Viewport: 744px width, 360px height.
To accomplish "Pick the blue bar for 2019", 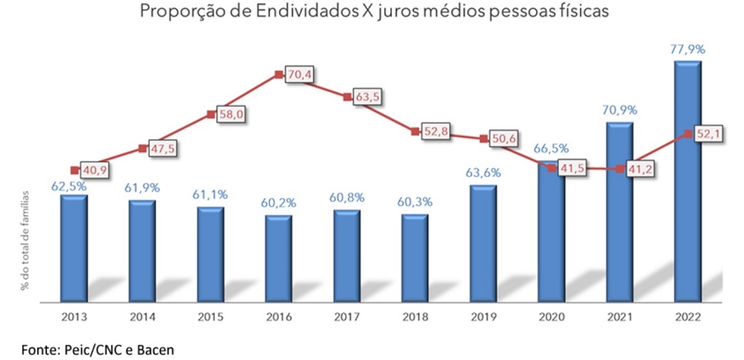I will click(x=484, y=243).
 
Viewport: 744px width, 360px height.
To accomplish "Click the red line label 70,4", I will click(x=298, y=75).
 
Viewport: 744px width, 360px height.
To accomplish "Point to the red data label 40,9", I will click(x=94, y=170).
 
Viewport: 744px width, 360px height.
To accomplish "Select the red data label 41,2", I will click(x=640, y=168).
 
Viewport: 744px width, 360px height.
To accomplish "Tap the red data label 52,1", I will click(x=708, y=133).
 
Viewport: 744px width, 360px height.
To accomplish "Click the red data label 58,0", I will click(x=230, y=114).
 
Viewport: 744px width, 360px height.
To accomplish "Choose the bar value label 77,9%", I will click(x=687, y=50).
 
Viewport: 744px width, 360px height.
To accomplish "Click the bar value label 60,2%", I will click(x=279, y=203).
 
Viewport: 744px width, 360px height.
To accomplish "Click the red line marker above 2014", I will click(x=142, y=148).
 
